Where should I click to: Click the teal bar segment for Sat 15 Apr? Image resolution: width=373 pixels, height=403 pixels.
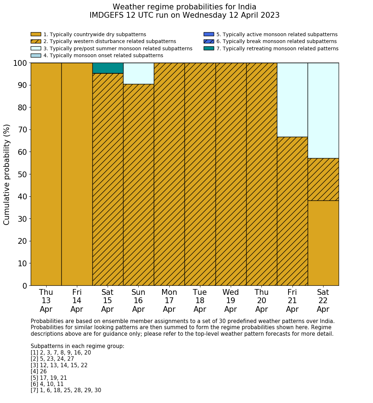pos(108,68)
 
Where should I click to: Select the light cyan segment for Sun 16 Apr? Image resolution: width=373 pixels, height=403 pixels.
pos(138,73)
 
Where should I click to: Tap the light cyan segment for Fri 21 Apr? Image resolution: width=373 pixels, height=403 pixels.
pos(292,100)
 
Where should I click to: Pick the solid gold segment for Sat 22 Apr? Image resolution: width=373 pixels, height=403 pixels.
pos(323,243)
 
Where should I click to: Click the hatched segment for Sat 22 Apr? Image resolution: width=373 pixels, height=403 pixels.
pos(323,179)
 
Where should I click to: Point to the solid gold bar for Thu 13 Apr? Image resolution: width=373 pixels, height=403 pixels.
pos(46,174)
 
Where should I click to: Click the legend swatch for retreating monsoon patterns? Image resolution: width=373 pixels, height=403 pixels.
pos(209,48)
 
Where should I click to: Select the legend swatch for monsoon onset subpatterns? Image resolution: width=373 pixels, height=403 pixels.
pos(36,55)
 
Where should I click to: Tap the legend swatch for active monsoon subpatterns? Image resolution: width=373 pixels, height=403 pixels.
pos(209,34)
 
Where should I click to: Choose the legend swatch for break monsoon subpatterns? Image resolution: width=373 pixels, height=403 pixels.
pos(209,42)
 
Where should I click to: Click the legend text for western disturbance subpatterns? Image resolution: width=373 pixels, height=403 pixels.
pos(109,42)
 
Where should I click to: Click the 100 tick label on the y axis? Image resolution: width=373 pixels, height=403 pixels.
pos(20,63)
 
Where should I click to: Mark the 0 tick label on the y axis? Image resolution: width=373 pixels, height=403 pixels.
pos(25,286)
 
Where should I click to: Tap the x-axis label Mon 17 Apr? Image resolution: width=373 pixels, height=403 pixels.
pos(169,301)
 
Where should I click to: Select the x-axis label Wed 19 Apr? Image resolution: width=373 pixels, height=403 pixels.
pos(231,301)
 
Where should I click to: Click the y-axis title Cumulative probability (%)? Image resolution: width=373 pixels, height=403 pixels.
pos(7,174)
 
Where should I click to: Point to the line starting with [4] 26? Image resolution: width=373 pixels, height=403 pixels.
pos(39,372)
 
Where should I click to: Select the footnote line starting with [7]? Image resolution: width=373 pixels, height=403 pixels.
pos(66,390)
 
